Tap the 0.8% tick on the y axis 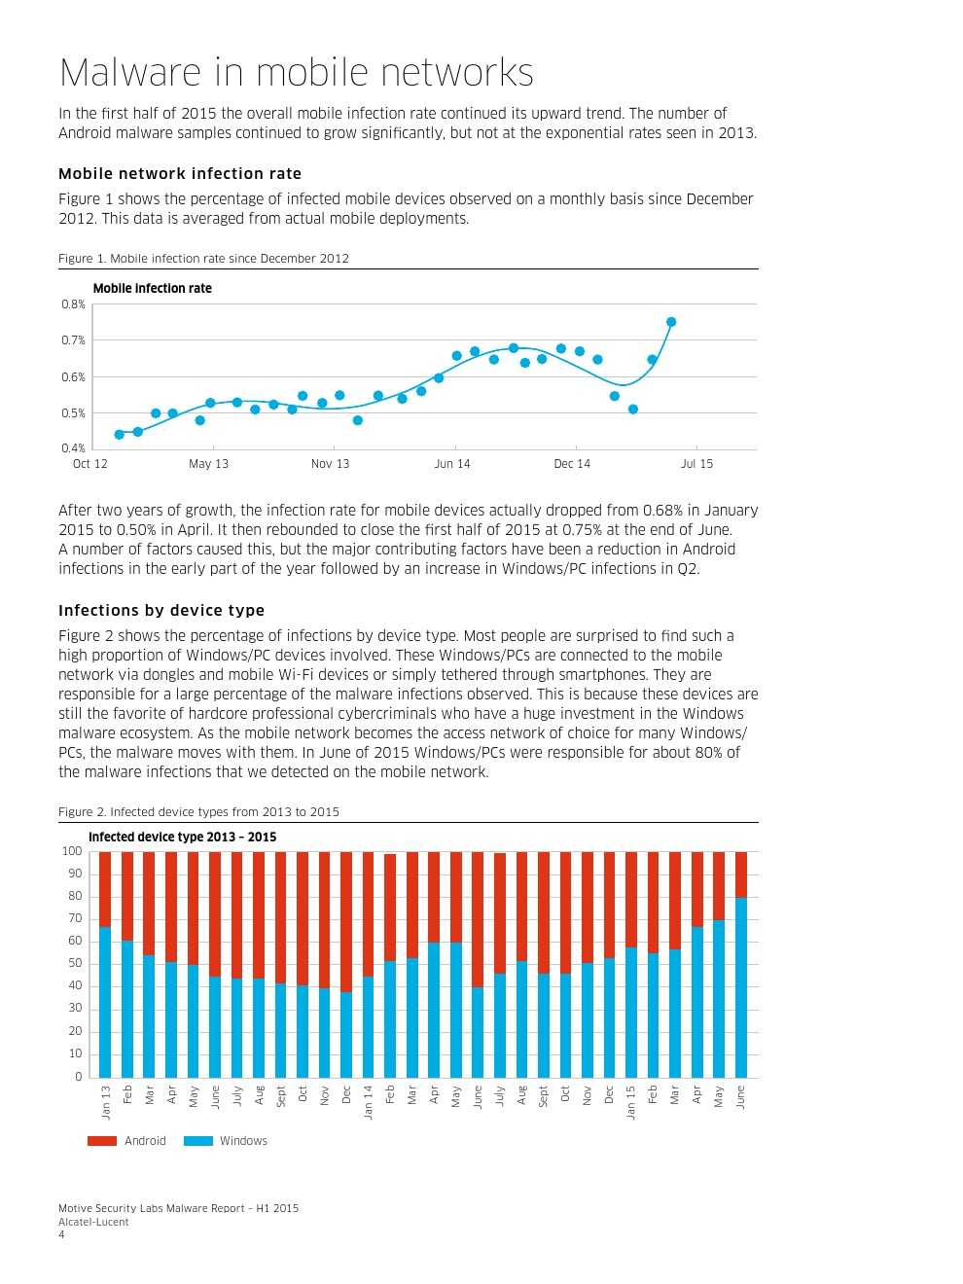73,304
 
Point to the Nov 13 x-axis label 330,464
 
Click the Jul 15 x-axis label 696,464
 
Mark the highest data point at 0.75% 671,322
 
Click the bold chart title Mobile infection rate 152,288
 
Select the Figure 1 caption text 203,259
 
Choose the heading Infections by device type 161,610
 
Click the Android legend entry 127,1141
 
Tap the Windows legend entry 226,1141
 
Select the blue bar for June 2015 741,987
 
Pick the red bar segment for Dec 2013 346,922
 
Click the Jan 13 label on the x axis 106,1102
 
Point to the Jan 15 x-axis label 631,1102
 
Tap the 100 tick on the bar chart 72,851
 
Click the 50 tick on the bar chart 75,964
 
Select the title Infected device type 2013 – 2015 182,837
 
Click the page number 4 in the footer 62,1235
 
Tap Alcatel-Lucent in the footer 93,1222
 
